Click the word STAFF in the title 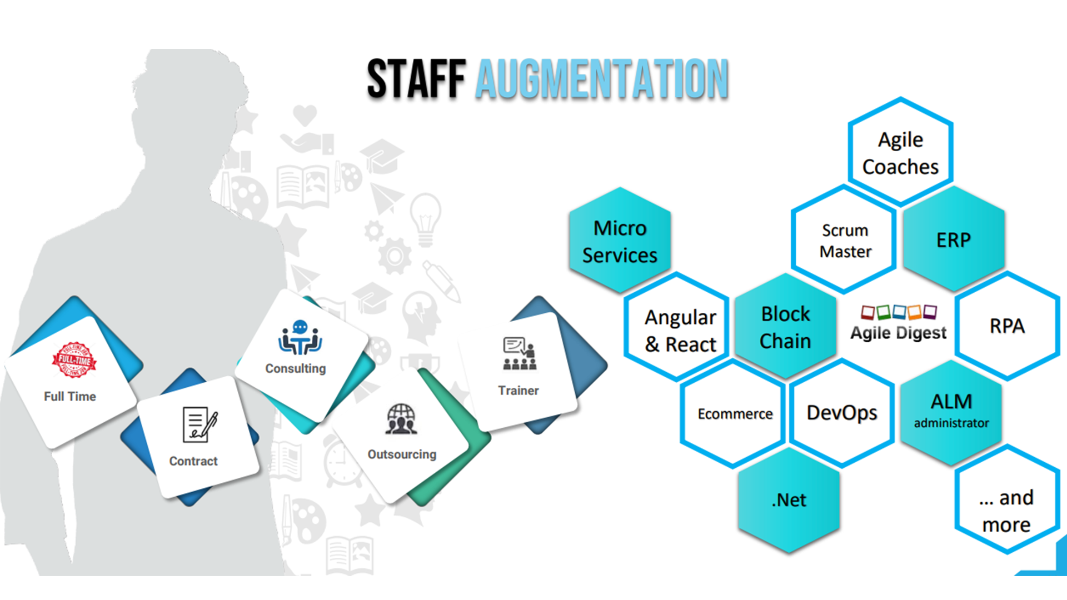(416, 79)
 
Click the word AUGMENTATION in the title (602, 79)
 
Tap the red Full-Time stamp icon (74, 360)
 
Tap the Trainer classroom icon (520, 354)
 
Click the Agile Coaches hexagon (900, 153)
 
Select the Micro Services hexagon (620, 242)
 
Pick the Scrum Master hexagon (845, 241)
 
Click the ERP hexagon (954, 240)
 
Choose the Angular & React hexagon (680, 331)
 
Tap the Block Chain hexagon (785, 328)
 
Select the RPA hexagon (1007, 326)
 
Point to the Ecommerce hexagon (735, 414)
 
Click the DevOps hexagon (841, 413)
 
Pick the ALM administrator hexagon (951, 411)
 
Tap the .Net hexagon (789, 500)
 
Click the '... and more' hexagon (1006, 510)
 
